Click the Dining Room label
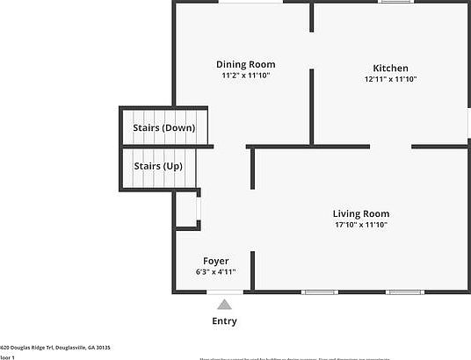pos(246,64)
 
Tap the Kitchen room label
pos(390,68)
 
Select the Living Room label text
pos(360,213)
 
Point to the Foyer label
pos(216,261)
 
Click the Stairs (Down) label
pos(164,128)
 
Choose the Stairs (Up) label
pos(158,166)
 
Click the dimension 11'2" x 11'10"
pos(246,76)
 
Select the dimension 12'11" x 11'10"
pos(390,80)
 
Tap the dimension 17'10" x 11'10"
pos(360,225)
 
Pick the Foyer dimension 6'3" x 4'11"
pos(216,272)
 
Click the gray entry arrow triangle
pos(225,305)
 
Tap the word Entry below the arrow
pos(225,321)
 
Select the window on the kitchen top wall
pos(395,3)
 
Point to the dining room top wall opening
pos(250,3)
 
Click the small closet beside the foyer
pos(186,210)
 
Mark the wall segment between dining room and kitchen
pos(311,105)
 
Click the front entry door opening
pos(225,292)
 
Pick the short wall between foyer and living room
pos(253,270)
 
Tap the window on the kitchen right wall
pos(468,123)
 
